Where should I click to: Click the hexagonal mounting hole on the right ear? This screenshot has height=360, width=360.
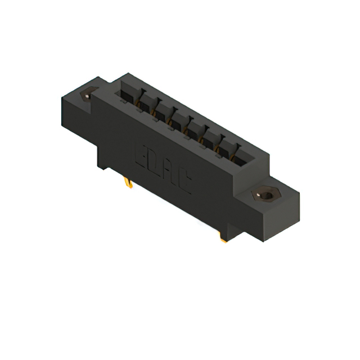click(266, 195)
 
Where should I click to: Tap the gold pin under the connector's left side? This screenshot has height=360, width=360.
click(129, 183)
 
